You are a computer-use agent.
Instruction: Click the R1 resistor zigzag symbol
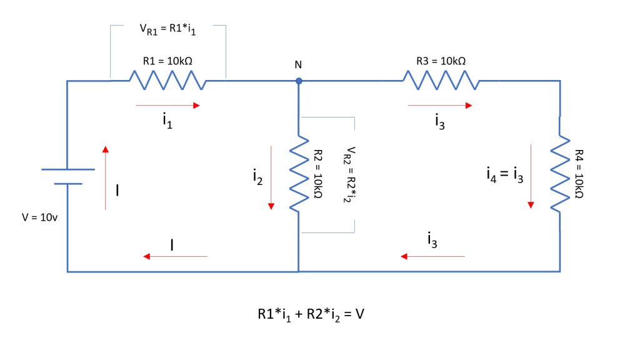click(x=167, y=80)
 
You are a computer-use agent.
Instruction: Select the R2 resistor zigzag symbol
click(x=299, y=173)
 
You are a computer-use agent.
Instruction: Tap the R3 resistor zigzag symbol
click(x=441, y=80)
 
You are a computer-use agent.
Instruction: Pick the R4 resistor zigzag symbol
click(x=559, y=173)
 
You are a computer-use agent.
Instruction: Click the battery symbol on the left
click(x=67, y=176)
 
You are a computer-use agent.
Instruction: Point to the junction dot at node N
click(x=299, y=81)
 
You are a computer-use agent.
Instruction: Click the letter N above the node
click(x=299, y=65)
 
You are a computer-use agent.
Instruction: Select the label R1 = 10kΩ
click(x=166, y=61)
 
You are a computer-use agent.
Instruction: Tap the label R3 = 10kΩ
click(x=441, y=61)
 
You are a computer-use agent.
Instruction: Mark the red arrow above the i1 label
click(x=167, y=106)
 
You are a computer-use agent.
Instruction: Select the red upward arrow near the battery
click(x=106, y=177)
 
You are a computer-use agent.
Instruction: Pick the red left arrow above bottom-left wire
click(x=175, y=256)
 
